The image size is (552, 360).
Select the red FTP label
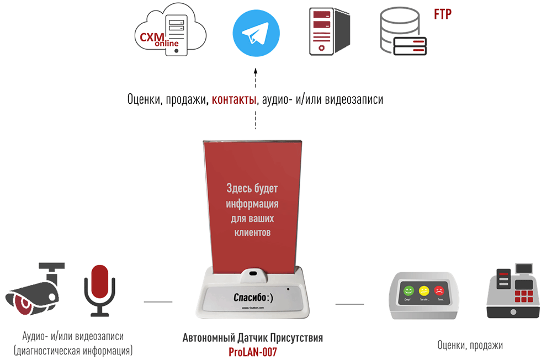[443, 14]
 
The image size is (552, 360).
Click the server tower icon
[330, 32]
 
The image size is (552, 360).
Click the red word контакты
[234, 100]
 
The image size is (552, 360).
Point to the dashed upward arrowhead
[256, 71]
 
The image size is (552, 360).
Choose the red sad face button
[439, 290]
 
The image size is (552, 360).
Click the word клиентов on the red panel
[252, 232]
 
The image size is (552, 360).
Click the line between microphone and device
[158, 302]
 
